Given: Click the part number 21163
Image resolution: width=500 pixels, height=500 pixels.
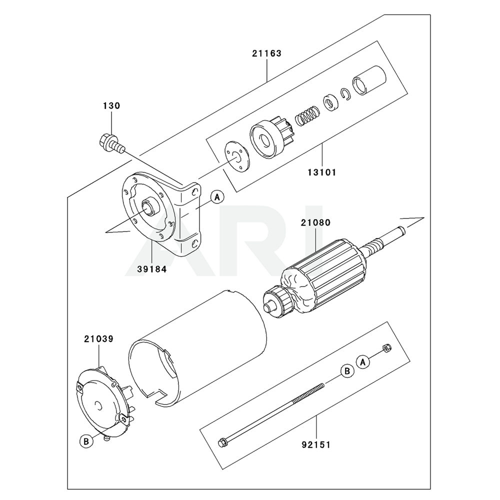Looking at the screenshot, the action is (x=266, y=53).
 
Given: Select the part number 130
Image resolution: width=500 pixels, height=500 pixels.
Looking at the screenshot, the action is (x=111, y=105).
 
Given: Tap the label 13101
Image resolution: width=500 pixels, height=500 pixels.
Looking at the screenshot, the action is (x=321, y=172).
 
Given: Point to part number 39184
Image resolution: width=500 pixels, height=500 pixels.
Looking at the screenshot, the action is (x=152, y=269).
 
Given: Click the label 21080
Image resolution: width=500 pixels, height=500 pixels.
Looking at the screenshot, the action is (x=315, y=222).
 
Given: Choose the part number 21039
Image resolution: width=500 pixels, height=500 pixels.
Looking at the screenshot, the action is (x=99, y=338).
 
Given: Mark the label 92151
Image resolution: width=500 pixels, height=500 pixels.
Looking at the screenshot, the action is (x=316, y=444).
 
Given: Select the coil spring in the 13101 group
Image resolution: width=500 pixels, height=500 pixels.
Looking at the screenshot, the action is (x=307, y=115).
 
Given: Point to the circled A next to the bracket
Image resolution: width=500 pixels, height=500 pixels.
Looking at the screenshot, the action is (x=217, y=197).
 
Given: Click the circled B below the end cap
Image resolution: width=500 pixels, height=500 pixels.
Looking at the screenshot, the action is (x=86, y=441).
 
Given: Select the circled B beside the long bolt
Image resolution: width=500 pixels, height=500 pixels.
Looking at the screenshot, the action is (x=347, y=371).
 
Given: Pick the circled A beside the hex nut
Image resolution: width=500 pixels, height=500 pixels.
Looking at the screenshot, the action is (x=363, y=362).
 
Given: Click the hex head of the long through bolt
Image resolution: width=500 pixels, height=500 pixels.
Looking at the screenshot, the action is (x=222, y=442).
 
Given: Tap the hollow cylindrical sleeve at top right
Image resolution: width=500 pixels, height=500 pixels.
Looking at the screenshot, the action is (x=369, y=80).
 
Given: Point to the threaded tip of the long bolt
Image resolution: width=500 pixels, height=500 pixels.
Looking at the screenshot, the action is (x=322, y=385).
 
